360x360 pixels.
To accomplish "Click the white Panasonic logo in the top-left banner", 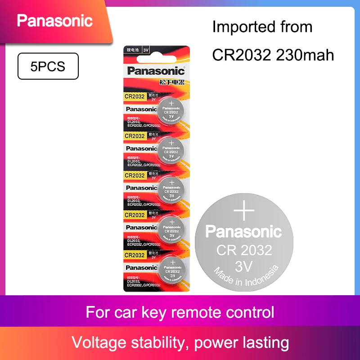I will [x=54, y=20].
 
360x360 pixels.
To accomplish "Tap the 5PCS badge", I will [x=47, y=66].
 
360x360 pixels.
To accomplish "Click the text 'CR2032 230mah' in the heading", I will [x=273, y=55].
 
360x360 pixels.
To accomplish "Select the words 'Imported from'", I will [x=262, y=27].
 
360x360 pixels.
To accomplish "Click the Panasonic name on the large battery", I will [x=243, y=232].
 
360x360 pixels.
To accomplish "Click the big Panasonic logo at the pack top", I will [x=156, y=71].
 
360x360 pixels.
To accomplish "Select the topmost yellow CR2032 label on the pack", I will [x=135, y=96].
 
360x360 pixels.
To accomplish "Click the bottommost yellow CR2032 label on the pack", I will [x=135, y=255].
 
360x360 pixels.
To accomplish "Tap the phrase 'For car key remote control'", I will [x=180, y=312].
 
